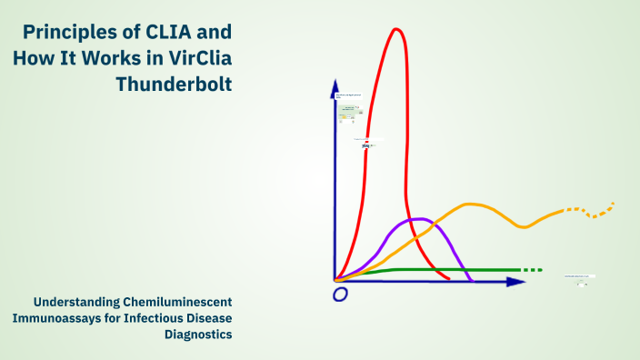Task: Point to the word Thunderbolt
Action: [x=175, y=85]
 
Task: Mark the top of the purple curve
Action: [x=416, y=219]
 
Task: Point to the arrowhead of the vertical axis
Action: [x=335, y=86]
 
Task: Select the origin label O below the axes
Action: [x=341, y=295]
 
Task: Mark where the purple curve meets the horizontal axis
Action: [x=470, y=281]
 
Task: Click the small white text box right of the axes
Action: [x=578, y=275]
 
